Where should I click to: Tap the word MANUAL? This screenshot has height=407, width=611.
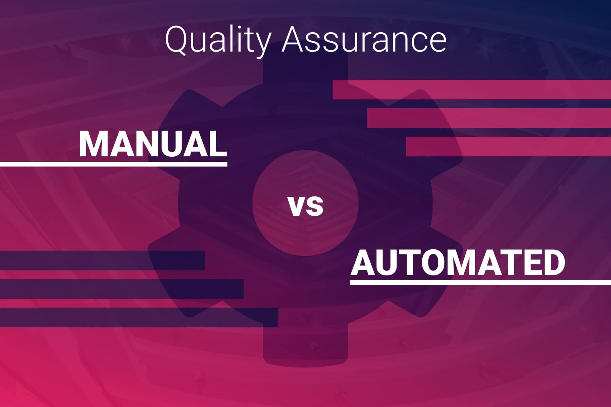153,144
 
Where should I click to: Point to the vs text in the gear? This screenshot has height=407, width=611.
305,207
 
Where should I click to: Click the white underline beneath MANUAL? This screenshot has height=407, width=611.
113,164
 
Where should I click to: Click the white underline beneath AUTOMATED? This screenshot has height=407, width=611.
480,282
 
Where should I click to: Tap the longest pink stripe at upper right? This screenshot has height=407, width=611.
472,90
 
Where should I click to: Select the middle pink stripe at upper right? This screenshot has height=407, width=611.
489,118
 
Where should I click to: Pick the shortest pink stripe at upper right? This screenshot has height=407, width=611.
508,147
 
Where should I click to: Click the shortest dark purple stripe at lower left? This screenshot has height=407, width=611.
102,260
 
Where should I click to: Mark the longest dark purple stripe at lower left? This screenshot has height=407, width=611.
139,317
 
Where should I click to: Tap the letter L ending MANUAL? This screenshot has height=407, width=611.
218,144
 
